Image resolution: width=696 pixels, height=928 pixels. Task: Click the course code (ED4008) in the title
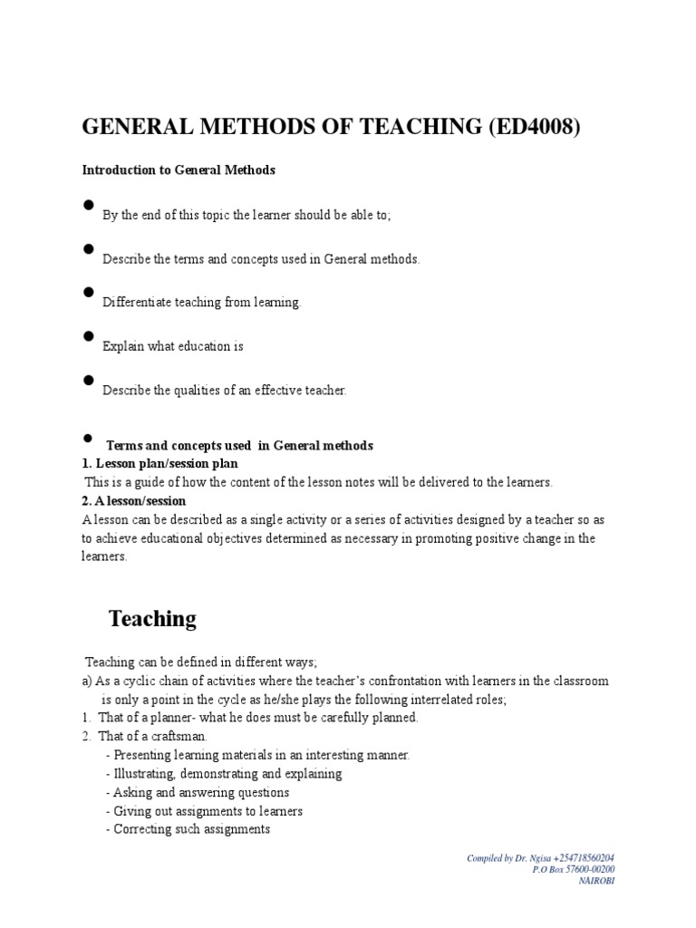click(533, 127)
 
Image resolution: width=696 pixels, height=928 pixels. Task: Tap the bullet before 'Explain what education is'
click(89, 336)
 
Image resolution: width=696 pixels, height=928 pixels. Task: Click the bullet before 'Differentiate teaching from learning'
click(89, 292)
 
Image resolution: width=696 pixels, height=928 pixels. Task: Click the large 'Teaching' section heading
click(152, 619)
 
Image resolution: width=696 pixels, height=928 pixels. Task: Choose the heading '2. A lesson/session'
click(134, 501)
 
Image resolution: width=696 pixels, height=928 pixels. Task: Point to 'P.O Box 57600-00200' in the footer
click(576, 869)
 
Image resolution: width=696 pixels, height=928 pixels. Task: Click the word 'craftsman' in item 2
click(179, 736)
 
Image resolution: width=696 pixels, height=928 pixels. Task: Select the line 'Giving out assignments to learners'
click(204, 811)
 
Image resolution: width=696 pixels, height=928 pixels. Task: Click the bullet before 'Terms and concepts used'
click(89, 438)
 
